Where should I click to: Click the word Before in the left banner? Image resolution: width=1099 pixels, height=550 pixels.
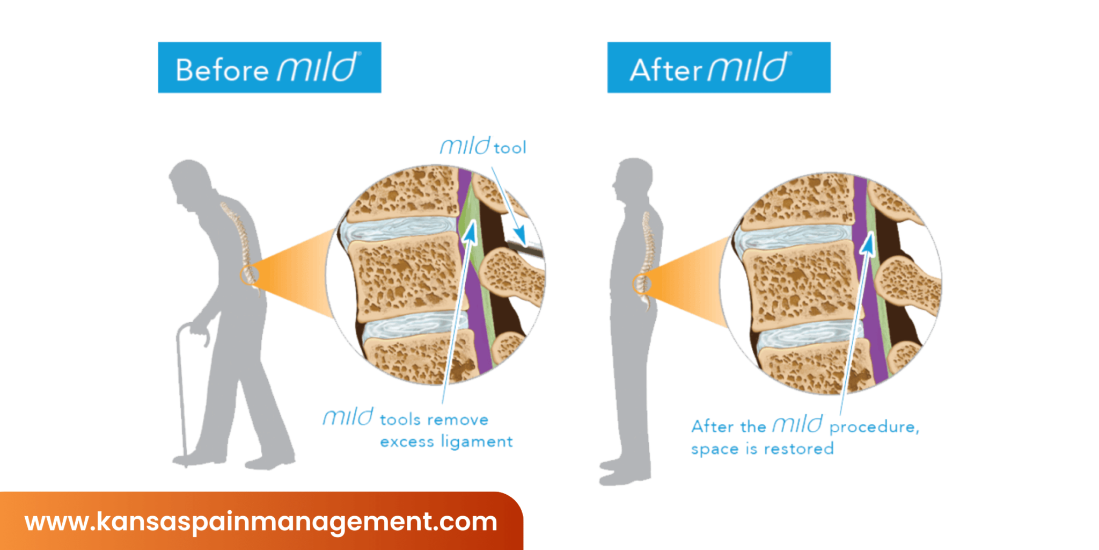pos(222,70)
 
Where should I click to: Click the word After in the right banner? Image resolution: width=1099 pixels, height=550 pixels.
pos(665,70)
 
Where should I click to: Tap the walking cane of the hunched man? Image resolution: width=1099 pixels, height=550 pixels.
pos(181,387)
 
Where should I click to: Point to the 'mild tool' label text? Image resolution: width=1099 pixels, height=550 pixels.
pos(483,147)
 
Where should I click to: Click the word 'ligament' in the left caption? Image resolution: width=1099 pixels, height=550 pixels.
pos(477,442)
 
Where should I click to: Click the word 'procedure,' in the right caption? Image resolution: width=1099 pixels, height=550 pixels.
pos(874,427)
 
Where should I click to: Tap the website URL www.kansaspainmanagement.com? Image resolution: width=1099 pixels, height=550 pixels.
pos(261,522)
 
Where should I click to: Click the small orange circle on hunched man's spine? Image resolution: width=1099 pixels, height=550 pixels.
pos(248,275)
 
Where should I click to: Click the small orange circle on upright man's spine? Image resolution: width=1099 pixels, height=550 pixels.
pos(641,284)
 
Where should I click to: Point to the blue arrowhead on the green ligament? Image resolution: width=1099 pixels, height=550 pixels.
pos(471,232)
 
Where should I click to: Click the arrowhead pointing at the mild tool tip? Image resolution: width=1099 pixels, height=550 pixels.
pos(519,234)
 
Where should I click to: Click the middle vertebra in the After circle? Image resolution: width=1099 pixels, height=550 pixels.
pos(800,285)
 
